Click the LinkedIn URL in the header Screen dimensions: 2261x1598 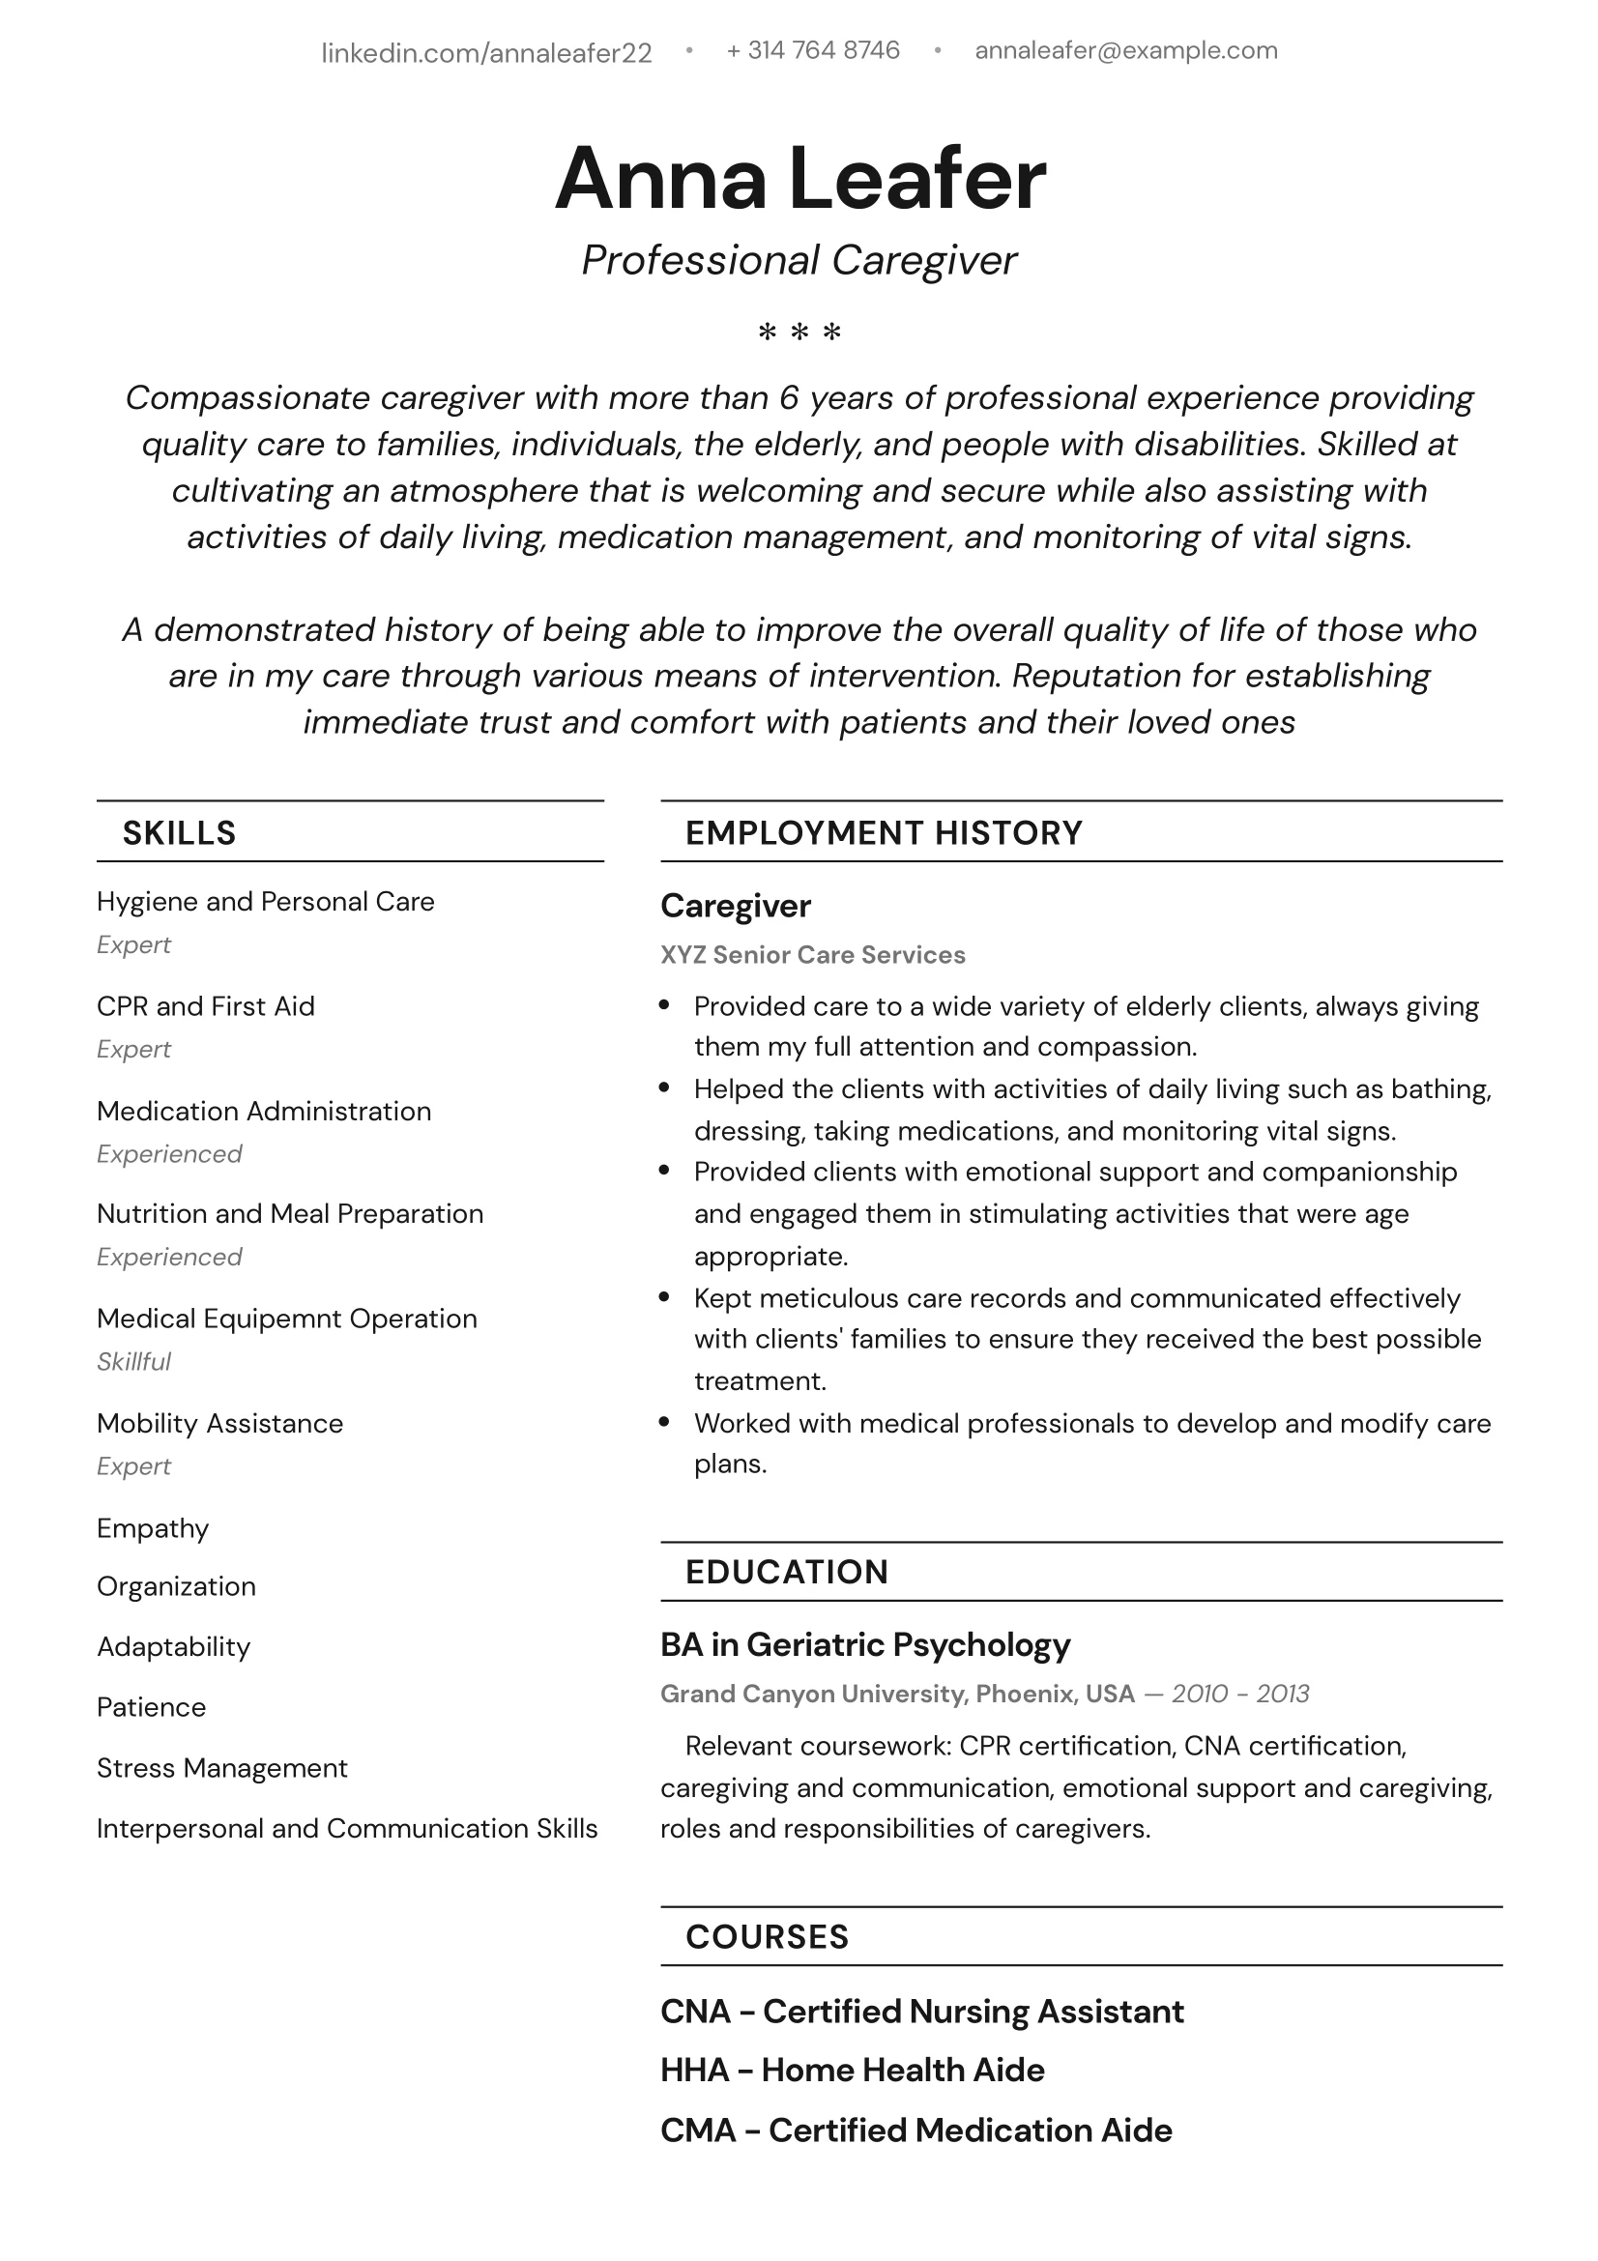click(486, 52)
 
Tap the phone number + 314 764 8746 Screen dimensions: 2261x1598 click(812, 50)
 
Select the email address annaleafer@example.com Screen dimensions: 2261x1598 click(1125, 50)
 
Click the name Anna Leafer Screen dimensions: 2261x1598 click(799, 178)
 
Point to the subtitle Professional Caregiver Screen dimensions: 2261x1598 click(799, 260)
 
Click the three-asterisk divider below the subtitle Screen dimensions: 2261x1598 click(799, 333)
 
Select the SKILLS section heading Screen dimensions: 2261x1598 click(179, 833)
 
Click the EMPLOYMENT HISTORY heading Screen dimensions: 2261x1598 click(884, 833)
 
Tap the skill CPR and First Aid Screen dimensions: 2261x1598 click(206, 1006)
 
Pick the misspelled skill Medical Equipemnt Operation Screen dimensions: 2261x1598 click(286, 1319)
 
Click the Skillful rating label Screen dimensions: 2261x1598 click(134, 1362)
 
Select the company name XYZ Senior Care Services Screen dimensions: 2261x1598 click(812, 955)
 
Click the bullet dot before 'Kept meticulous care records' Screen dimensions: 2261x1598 click(664, 1298)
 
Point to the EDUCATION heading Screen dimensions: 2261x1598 click(787, 1572)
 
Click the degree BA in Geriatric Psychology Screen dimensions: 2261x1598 click(864, 1644)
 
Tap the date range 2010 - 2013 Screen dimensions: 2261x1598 click(1239, 1694)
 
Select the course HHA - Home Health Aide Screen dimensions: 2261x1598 click(852, 2070)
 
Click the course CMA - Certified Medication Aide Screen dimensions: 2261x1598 click(915, 2131)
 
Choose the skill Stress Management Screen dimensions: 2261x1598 click(221, 1768)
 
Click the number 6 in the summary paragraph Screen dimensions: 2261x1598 click(788, 398)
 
